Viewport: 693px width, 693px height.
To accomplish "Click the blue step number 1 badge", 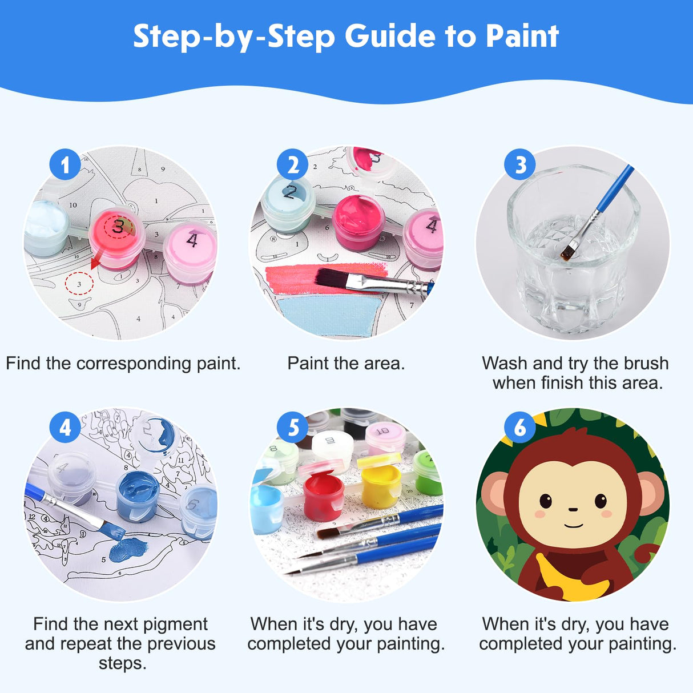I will click(65, 165).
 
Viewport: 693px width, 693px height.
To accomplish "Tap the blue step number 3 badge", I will click(520, 165).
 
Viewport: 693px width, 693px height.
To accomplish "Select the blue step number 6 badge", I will click(520, 427).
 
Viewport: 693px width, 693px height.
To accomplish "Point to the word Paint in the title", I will click(522, 37).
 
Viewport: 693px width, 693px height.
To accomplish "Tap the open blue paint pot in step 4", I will click(139, 496).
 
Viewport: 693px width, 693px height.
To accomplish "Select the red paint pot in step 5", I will click(323, 495).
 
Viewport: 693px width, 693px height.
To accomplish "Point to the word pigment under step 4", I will click(176, 624).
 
